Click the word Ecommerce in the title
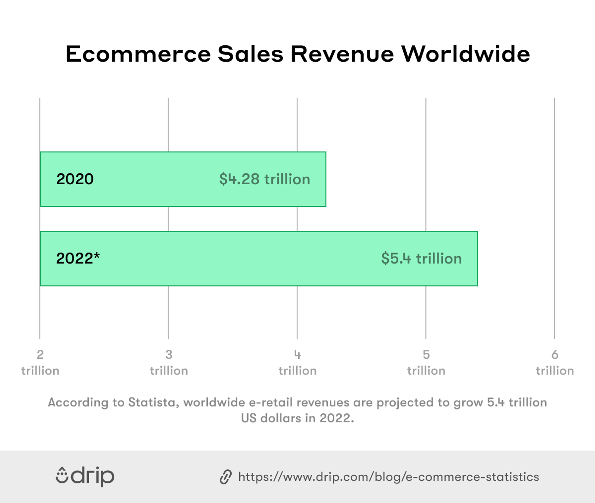tap(138, 54)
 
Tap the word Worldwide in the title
tap(466, 54)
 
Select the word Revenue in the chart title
tap(342, 54)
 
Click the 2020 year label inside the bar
tap(75, 179)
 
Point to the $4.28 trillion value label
tap(264, 179)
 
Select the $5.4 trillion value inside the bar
tap(421, 258)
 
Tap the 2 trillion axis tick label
tap(40, 363)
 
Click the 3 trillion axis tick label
tap(169, 363)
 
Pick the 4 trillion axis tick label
tap(297, 363)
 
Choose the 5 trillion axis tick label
tap(426, 363)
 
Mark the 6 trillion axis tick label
tap(555, 363)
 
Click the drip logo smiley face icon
tap(62, 476)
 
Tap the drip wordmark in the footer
tap(93, 476)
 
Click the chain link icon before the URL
tap(226, 477)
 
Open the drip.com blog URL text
tap(388, 477)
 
